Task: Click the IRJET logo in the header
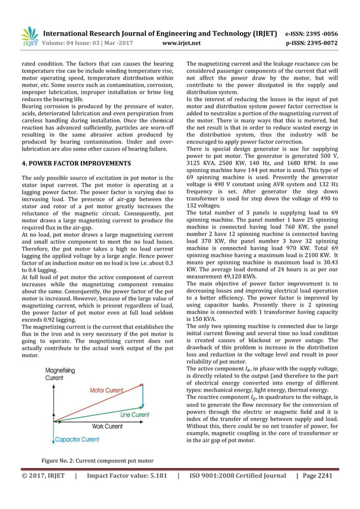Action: click(x=29, y=35)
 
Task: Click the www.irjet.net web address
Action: click(x=181, y=42)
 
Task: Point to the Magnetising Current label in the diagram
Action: click(x=60, y=374)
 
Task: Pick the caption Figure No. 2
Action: click(x=97, y=460)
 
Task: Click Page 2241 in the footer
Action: click(x=317, y=476)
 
